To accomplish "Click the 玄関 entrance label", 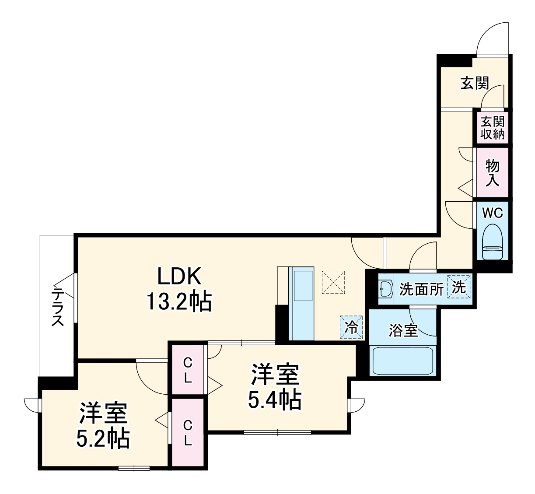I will tap(474, 83).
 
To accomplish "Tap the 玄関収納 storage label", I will tap(493, 127).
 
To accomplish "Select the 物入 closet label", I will tap(493, 173).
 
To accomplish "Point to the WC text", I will tap(492, 213).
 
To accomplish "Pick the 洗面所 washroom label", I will tap(421, 289).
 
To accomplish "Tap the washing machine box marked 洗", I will tap(459, 287).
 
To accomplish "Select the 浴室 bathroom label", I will tap(403, 331).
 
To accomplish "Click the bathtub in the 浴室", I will tap(403, 360).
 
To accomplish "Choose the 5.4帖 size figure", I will tap(274, 399).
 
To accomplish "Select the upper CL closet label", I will tap(188, 370).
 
